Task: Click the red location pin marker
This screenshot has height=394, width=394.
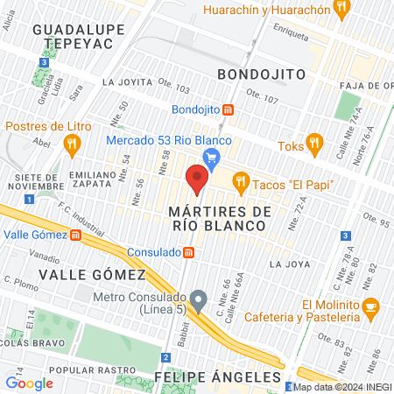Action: (197, 180)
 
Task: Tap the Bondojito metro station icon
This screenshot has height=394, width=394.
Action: (228, 110)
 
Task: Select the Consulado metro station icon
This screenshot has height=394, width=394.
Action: (189, 252)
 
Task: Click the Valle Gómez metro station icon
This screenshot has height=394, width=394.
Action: (75, 235)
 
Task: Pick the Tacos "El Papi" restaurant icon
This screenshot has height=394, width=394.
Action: (240, 182)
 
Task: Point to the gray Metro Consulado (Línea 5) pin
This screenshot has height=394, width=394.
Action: (199, 299)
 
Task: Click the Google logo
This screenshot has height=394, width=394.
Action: (29, 383)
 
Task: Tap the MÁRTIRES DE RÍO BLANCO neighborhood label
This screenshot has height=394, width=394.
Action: (216, 219)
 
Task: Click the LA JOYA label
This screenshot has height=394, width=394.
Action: (290, 263)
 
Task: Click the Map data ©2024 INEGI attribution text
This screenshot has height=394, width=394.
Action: (341, 387)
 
